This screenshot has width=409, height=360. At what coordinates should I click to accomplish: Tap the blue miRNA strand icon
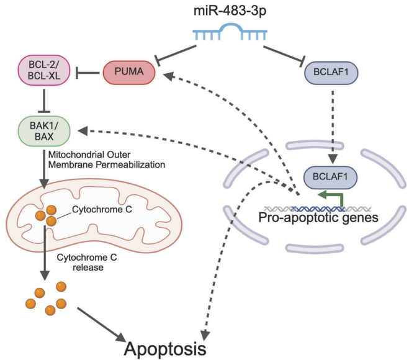coord(231,33)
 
